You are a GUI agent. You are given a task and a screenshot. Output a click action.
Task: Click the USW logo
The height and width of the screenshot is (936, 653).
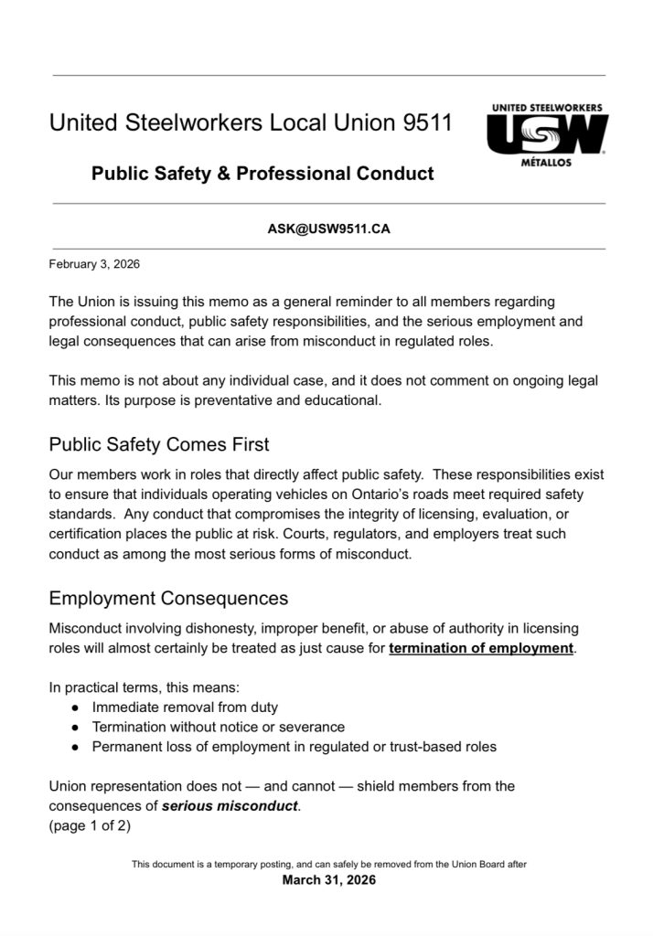(x=547, y=134)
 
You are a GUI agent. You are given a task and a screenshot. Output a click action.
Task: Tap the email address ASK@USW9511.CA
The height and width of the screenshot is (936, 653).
(x=328, y=229)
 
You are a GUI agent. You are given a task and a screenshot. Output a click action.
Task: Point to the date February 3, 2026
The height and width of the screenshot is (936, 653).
(x=94, y=264)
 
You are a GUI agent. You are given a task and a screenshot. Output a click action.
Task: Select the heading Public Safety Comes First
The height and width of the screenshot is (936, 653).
(x=159, y=445)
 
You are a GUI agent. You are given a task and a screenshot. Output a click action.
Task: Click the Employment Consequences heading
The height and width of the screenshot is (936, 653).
(x=168, y=599)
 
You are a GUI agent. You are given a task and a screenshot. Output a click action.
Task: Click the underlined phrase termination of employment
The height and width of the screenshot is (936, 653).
(x=482, y=649)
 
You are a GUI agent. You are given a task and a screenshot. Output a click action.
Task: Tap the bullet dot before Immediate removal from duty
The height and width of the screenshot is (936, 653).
(x=75, y=707)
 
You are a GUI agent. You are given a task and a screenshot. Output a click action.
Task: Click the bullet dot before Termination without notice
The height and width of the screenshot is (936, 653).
(x=75, y=728)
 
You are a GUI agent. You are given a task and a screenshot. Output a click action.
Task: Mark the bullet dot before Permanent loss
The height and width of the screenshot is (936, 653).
(x=75, y=747)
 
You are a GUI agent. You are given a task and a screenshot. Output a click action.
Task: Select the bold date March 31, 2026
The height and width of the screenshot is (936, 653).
(x=328, y=880)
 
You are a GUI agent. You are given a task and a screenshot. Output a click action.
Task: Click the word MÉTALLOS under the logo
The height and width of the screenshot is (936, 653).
(x=546, y=162)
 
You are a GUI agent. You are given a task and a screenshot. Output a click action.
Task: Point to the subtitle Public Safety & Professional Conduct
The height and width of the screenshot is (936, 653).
(x=262, y=173)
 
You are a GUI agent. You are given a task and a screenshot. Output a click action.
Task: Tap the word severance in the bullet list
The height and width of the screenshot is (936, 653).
(x=313, y=727)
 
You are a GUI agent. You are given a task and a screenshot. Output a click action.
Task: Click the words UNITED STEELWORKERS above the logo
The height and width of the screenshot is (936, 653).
(x=547, y=108)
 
